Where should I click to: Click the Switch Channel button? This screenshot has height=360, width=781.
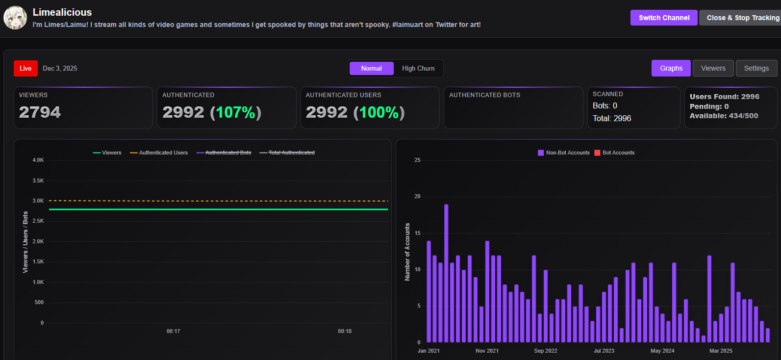[664, 18]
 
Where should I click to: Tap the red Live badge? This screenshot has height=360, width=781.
[25, 69]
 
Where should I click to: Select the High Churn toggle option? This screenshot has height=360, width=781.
[418, 69]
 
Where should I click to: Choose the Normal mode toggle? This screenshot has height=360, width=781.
[371, 69]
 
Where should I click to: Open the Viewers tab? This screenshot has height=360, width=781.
[713, 68]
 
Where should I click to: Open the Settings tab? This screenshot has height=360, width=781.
[756, 68]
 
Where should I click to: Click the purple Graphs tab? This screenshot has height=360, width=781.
[671, 68]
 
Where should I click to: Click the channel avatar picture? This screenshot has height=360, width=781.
[15, 18]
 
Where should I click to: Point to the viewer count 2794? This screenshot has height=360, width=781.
[40, 112]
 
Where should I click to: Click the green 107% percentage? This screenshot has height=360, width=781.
[235, 112]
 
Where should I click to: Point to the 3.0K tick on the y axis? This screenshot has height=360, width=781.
[38, 201]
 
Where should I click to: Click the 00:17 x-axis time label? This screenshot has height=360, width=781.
[173, 332]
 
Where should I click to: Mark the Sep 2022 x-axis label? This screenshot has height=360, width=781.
[545, 351]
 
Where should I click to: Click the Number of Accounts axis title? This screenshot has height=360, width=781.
[407, 252]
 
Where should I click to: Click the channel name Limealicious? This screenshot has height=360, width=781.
[62, 12]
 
